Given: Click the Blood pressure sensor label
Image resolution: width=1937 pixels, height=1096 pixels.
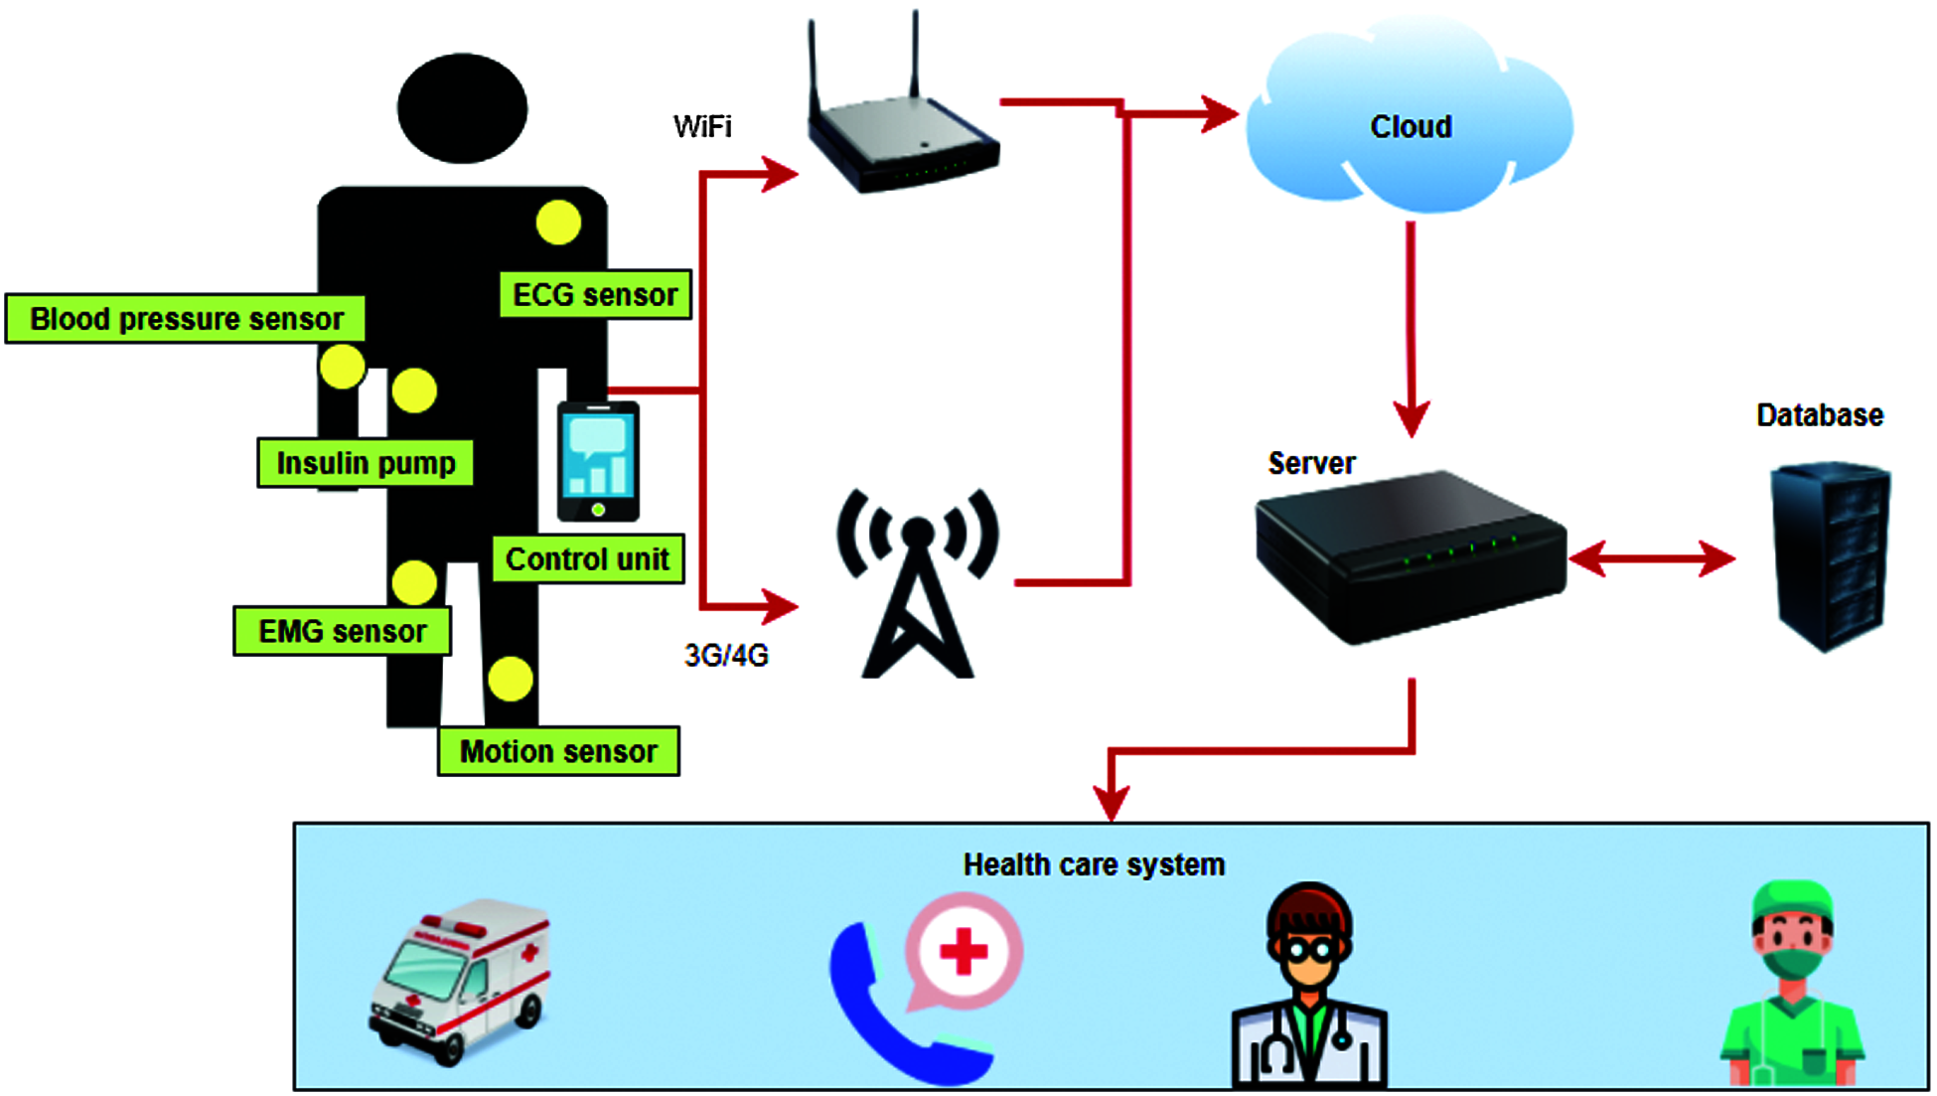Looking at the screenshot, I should pos(186,319).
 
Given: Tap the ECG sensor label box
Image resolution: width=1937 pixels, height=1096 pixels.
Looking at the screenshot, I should pos(594,295).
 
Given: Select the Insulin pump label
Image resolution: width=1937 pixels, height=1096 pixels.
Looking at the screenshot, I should pos(366,463).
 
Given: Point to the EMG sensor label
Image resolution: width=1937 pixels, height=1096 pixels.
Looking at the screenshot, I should pos(342,631).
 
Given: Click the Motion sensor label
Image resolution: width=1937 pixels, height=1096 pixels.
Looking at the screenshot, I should pos(558,751).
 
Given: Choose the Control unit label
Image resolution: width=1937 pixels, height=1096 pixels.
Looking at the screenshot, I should pos(588,559).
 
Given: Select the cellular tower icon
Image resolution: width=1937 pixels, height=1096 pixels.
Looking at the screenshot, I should pos(917,586).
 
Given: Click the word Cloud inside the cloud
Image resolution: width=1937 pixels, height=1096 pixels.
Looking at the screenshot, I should pos(1411,127).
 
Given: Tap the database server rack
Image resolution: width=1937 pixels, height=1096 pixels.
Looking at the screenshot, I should pos(1830,556).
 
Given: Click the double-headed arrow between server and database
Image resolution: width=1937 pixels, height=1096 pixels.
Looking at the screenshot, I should pos(1652,559).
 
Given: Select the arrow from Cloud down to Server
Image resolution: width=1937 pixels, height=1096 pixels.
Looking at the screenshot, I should pos(1411,328).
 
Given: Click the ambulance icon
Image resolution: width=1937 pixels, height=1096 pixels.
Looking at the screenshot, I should pos(460,979).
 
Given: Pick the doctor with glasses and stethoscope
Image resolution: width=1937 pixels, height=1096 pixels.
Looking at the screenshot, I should pos(1309,989).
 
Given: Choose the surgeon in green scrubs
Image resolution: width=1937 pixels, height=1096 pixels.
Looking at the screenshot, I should pos(1792,989).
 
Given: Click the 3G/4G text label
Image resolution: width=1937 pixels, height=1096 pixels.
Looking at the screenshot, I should pos(726,656).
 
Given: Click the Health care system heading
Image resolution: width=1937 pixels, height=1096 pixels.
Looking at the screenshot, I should pos(1094,865).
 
